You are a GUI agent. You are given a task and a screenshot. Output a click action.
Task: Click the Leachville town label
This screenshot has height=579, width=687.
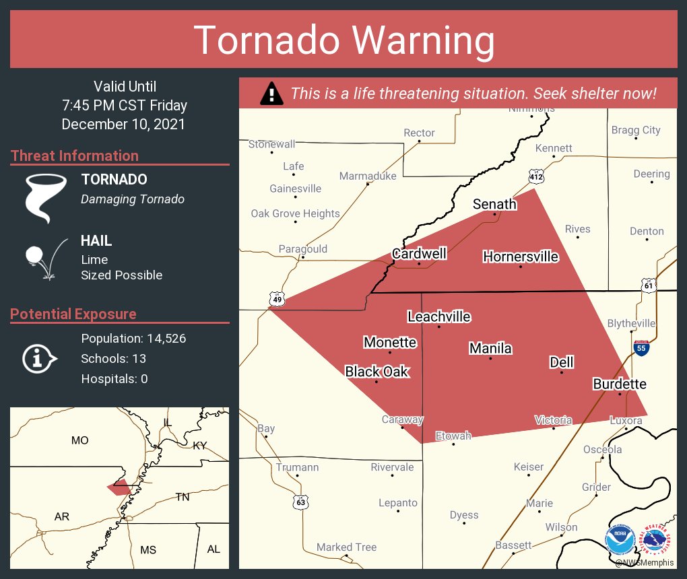439,316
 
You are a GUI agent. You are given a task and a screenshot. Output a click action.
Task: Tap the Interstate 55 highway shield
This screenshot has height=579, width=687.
641,348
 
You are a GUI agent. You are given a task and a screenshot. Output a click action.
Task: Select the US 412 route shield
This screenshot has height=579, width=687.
536,176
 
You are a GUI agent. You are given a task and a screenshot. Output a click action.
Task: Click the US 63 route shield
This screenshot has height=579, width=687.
301,502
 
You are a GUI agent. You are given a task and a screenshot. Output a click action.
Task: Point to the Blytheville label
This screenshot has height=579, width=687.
631,323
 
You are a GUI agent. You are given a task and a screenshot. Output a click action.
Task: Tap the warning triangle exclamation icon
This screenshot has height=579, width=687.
271,94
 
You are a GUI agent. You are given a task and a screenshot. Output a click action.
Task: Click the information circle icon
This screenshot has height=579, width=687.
39,358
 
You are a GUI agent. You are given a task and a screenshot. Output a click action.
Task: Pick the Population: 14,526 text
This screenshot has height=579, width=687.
133,338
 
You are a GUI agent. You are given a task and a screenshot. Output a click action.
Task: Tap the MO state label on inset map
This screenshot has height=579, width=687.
79,440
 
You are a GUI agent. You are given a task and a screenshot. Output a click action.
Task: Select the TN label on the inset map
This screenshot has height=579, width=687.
183,497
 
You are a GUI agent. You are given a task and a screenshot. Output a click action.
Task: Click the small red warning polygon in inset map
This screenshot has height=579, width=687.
119,488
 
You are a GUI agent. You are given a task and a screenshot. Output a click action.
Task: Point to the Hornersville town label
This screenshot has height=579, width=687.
521,257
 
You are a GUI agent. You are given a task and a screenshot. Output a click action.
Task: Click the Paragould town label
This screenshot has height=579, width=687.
302,249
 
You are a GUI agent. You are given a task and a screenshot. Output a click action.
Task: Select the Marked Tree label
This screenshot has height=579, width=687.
346,547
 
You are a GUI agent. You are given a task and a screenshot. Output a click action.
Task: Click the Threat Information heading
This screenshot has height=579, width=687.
74,156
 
